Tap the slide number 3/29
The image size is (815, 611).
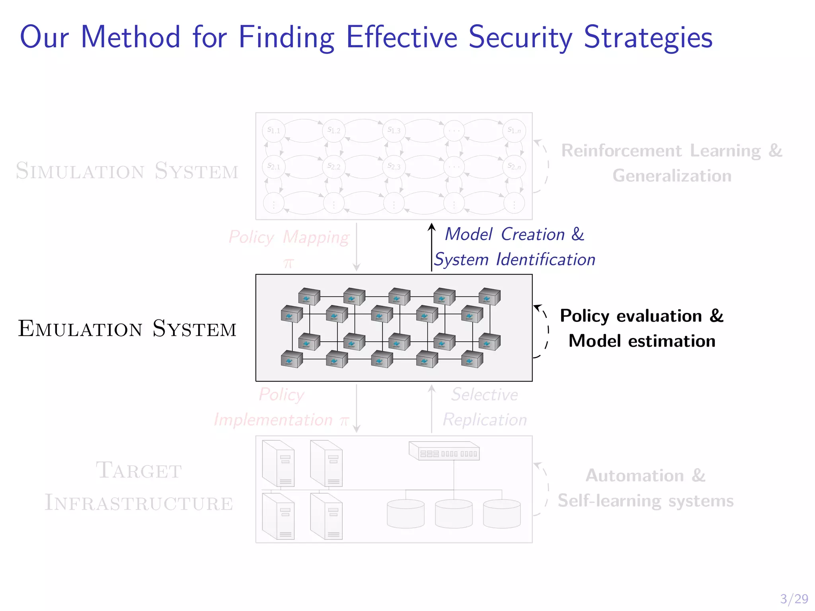tap(794, 598)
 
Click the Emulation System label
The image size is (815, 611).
tap(127, 329)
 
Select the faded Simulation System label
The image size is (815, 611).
tap(127, 171)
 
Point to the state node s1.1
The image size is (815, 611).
tap(274, 130)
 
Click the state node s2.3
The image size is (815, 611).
tap(394, 166)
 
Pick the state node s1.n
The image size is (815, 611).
tap(514, 130)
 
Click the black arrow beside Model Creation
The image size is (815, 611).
tap(432, 247)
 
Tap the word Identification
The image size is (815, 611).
tap(546, 259)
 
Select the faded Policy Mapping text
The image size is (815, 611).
tap(289, 237)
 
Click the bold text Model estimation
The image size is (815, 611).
tap(642, 341)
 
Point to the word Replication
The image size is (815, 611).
tap(485, 420)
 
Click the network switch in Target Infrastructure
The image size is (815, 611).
tap(445, 451)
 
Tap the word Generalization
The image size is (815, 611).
tap(672, 175)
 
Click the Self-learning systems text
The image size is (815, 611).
tap(645, 500)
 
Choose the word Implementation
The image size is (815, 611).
tap(273, 420)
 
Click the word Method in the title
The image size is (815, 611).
tap(131, 37)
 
